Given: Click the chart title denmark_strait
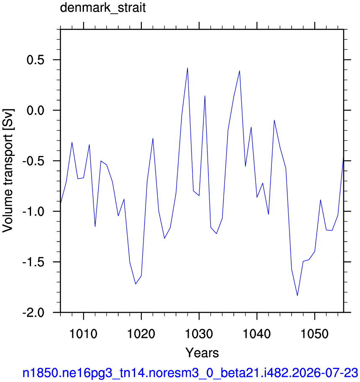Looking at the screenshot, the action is [x=103, y=8].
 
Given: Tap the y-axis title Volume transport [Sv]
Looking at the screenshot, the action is [x=8, y=171].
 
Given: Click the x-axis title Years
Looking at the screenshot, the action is [x=202, y=353].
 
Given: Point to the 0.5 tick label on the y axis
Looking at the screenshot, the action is [x=36, y=60].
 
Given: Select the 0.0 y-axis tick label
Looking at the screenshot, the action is [x=36, y=110].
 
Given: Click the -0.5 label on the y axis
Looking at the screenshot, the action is [x=34, y=161].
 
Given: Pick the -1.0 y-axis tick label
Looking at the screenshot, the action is [x=34, y=211].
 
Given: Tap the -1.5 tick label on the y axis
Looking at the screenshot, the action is [x=34, y=262].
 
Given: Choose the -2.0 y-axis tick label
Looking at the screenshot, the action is [x=34, y=312].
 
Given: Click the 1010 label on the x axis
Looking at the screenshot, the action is [x=83, y=333].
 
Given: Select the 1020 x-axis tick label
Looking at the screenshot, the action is [x=141, y=333].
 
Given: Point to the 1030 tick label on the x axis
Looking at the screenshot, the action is [x=199, y=333].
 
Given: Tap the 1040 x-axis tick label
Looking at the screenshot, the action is [x=257, y=333].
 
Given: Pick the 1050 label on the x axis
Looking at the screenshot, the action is [x=314, y=333].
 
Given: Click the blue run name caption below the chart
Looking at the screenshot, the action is [x=190, y=373].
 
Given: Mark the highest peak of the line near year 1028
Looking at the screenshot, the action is [x=188, y=68].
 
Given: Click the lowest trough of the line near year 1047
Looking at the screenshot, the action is [x=297, y=296].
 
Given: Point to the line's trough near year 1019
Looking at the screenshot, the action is [x=136, y=284].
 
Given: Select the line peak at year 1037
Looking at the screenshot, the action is [x=240, y=70].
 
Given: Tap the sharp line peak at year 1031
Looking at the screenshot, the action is [x=205, y=96].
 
